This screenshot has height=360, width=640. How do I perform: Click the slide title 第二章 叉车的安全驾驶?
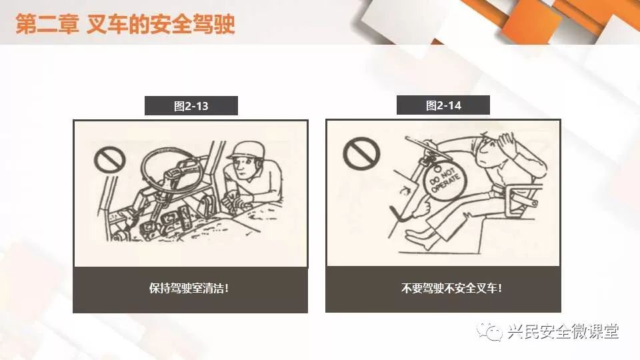(125, 24)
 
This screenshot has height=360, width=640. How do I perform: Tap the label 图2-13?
(191, 106)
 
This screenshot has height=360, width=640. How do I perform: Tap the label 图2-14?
(443, 106)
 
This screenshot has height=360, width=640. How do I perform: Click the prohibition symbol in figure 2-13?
(109, 159)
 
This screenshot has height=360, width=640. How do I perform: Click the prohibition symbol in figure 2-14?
(361, 153)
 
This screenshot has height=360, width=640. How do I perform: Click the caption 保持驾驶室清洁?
(189, 288)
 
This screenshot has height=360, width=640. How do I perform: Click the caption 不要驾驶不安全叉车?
(451, 288)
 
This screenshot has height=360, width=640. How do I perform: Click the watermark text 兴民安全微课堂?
(564, 331)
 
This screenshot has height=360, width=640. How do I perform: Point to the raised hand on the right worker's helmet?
(506, 144)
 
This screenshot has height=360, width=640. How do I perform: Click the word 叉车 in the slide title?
(107, 24)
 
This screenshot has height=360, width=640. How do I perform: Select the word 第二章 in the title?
(47, 24)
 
